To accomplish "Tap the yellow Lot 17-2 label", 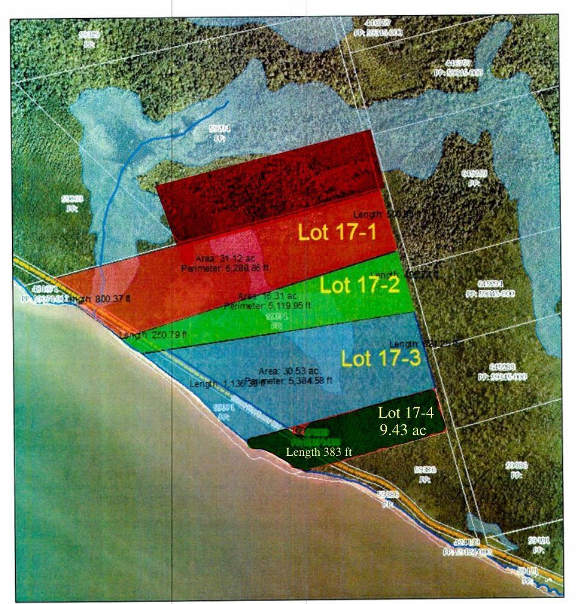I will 359,285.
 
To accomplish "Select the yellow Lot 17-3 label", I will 380,358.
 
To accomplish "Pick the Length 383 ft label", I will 319,452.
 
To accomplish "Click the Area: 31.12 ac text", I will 216,259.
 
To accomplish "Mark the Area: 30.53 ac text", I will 284,371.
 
